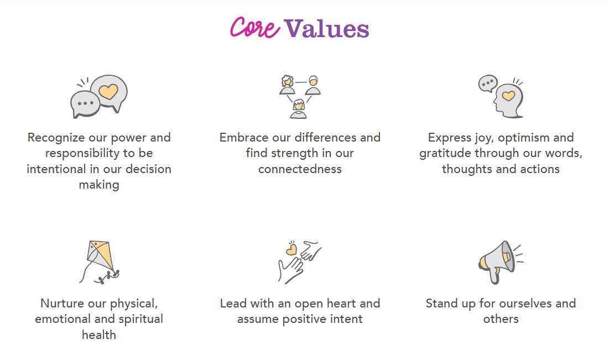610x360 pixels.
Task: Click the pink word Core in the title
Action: [255, 27]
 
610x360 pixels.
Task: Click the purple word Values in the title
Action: [326, 29]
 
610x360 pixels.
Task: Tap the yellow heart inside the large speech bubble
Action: [108, 92]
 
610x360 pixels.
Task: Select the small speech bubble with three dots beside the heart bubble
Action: [85, 104]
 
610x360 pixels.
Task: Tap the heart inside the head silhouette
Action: [508, 95]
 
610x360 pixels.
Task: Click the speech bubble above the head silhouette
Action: [488, 84]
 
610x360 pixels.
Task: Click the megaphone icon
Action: [500, 262]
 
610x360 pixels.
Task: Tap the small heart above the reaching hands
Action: [291, 249]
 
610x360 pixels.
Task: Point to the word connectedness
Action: [300, 169]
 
